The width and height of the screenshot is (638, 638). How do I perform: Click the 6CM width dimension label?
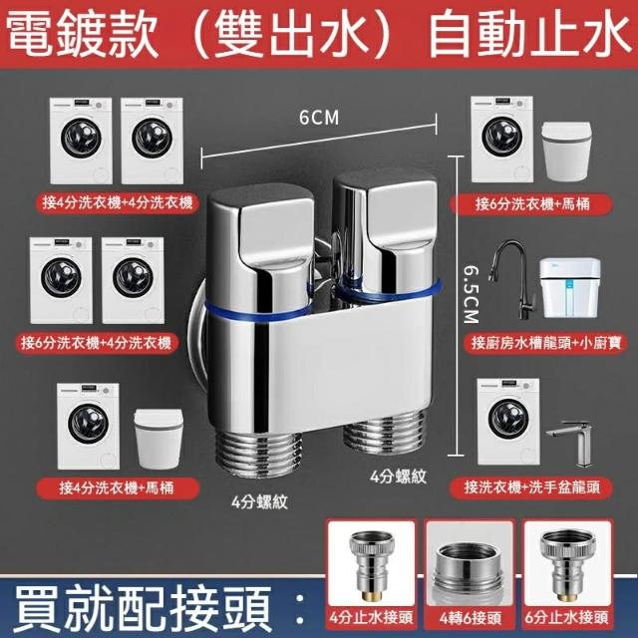(x=319, y=118)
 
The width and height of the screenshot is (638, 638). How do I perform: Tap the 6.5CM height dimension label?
(x=472, y=295)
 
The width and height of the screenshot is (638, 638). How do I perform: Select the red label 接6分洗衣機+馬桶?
(x=531, y=203)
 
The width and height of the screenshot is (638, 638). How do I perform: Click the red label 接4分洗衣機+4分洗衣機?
(x=118, y=202)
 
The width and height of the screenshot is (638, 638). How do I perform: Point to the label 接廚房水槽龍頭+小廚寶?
(x=545, y=343)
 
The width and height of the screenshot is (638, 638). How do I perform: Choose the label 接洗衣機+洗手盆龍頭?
(x=531, y=487)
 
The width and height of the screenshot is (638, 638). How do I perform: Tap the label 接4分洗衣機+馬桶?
(x=118, y=487)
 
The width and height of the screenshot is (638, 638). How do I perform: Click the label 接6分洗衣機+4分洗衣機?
(x=97, y=344)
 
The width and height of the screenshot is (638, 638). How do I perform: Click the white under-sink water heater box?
(x=570, y=288)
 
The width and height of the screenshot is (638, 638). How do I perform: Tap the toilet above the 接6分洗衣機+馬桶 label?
(x=566, y=152)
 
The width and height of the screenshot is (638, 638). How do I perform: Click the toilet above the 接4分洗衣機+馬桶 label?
(x=159, y=439)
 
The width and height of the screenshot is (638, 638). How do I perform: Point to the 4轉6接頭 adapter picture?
(x=470, y=570)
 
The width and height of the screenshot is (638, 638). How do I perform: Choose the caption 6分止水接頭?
(x=567, y=618)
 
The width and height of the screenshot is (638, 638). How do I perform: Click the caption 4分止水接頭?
(x=371, y=618)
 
